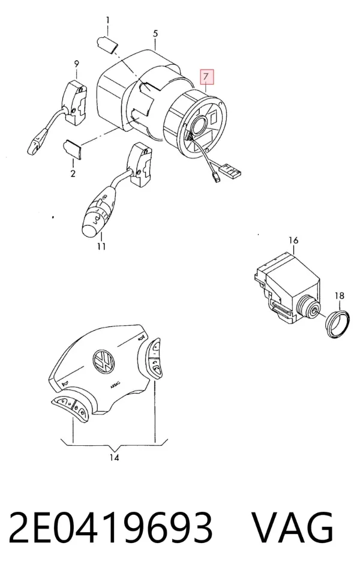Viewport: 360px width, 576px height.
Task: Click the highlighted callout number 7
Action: (x=206, y=77)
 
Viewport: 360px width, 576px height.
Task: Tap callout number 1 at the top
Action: (x=107, y=20)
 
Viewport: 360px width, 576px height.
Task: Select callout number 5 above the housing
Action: (x=155, y=34)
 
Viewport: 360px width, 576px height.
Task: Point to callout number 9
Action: (x=76, y=64)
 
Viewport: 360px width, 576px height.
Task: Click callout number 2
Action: (x=73, y=173)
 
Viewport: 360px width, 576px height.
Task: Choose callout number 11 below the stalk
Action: (x=101, y=247)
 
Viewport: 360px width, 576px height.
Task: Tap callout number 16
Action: (x=293, y=241)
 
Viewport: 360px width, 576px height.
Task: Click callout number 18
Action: (x=340, y=295)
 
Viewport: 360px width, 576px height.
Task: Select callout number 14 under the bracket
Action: (x=114, y=458)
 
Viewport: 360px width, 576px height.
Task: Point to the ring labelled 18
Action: (x=337, y=325)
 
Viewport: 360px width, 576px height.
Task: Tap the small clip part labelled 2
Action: (x=73, y=149)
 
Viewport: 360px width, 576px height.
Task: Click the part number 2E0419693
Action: (x=110, y=527)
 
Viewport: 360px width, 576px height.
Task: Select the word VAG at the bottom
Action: (x=293, y=527)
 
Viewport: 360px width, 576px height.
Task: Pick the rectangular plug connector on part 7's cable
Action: (x=230, y=170)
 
